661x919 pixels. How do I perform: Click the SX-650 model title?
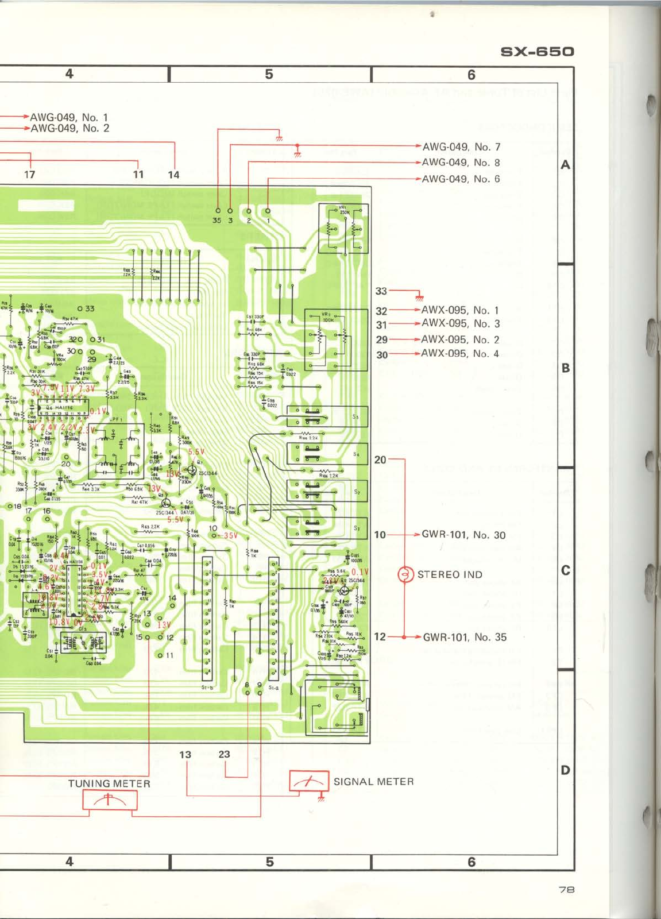point(537,52)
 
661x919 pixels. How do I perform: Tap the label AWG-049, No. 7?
point(461,147)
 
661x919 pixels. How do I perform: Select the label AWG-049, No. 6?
point(461,179)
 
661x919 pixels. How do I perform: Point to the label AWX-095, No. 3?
point(460,324)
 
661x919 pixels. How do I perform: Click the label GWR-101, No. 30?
point(463,535)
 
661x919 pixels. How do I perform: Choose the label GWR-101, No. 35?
point(465,637)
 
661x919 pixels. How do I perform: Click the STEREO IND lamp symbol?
point(405,574)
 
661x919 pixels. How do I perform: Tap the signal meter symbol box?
point(309,782)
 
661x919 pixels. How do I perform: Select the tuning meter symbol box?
point(110,800)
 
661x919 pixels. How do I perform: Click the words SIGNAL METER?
point(373,782)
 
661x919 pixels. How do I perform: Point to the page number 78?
point(566,890)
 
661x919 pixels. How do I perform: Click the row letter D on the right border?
point(566,770)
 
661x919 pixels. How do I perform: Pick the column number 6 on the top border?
point(471,75)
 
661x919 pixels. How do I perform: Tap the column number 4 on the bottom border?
point(69,862)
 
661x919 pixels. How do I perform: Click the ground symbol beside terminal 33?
point(419,296)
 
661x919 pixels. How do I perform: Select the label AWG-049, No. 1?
point(69,118)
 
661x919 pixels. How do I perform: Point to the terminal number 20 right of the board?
point(380,459)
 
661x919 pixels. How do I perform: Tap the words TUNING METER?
point(109,783)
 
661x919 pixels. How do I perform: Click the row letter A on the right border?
point(566,165)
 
